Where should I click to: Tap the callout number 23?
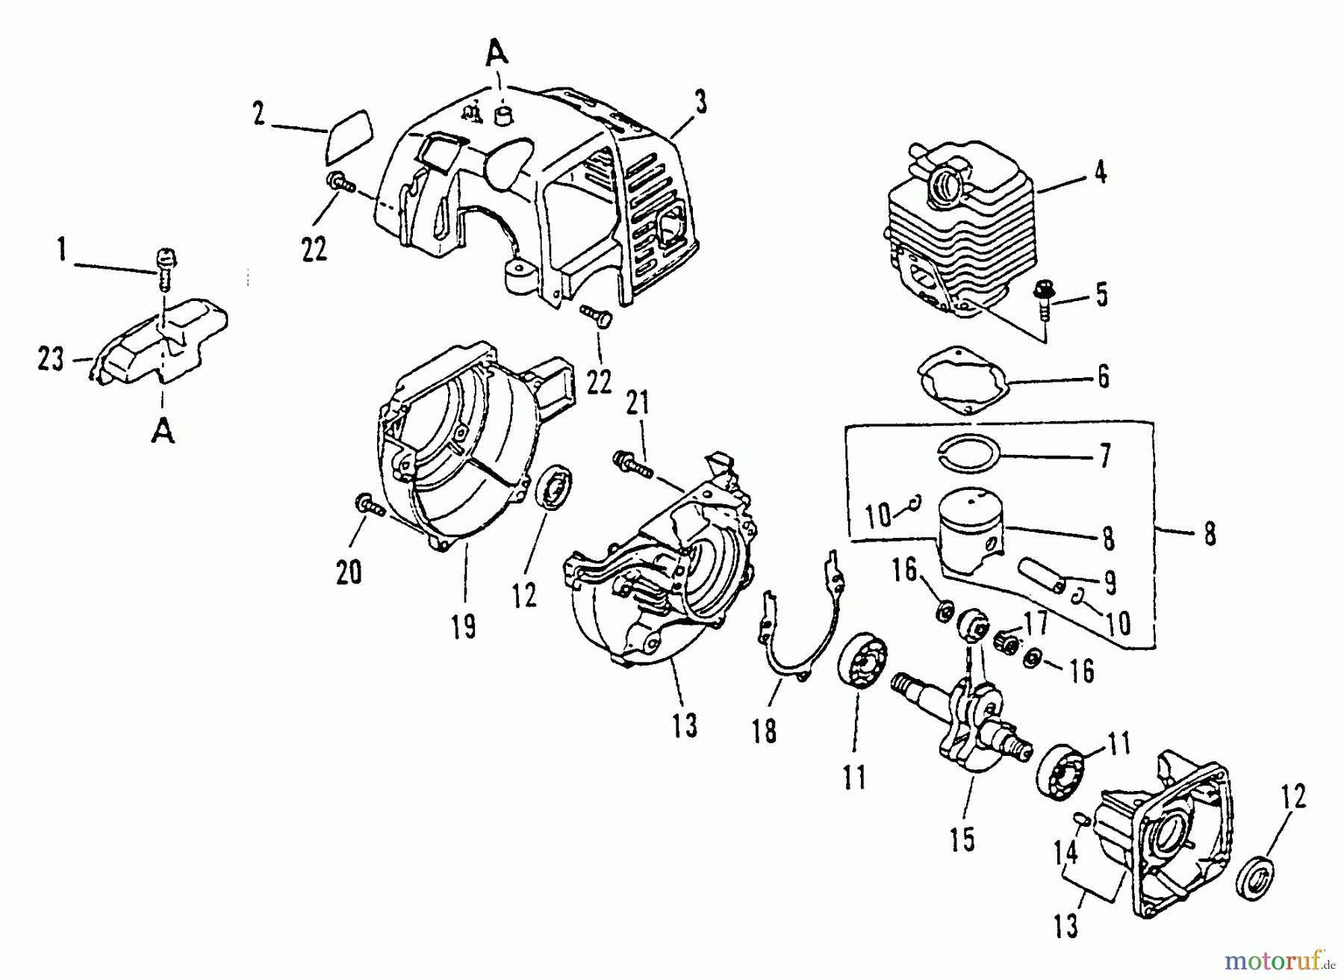click(52, 361)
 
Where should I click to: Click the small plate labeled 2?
click(349, 134)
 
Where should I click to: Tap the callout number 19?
click(464, 626)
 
